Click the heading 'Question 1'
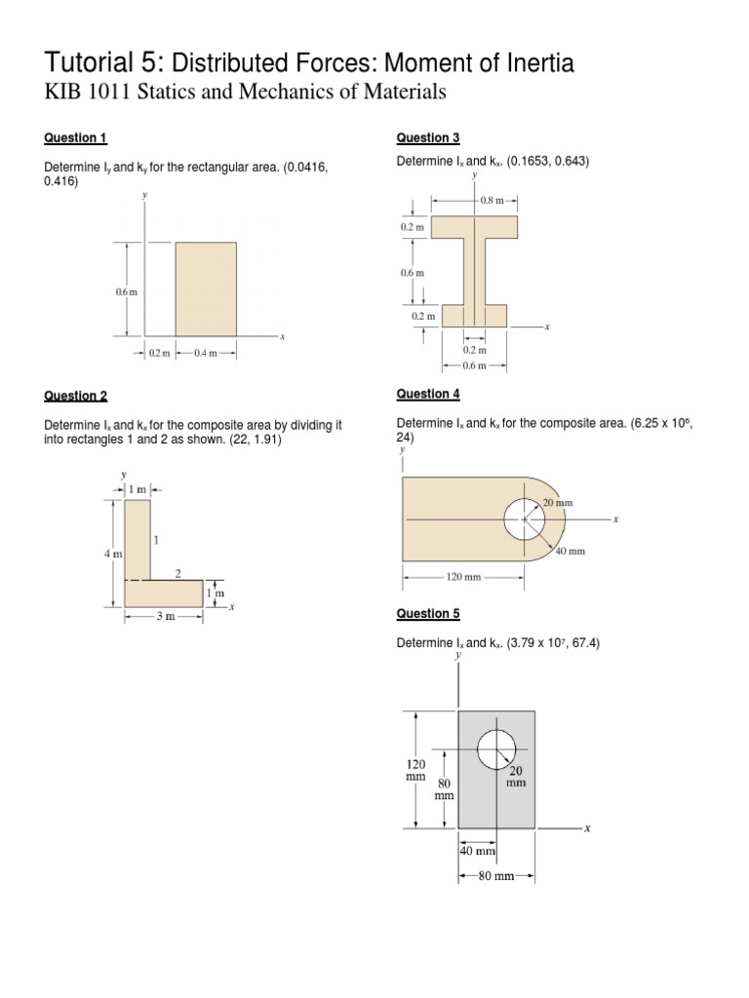pos(75,137)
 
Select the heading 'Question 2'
pos(75,396)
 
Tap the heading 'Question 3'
pos(427,137)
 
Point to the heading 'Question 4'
pos(427,394)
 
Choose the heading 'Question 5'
pos(427,614)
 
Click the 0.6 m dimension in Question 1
pos(126,291)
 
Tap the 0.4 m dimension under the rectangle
pos(208,354)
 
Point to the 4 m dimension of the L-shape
pos(112,554)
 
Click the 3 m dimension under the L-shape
pos(163,619)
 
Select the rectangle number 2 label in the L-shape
pos(177,574)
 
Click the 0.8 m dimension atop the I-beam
pos(493,200)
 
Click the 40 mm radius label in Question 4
pos(570,551)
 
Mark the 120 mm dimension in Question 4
pos(464,577)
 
